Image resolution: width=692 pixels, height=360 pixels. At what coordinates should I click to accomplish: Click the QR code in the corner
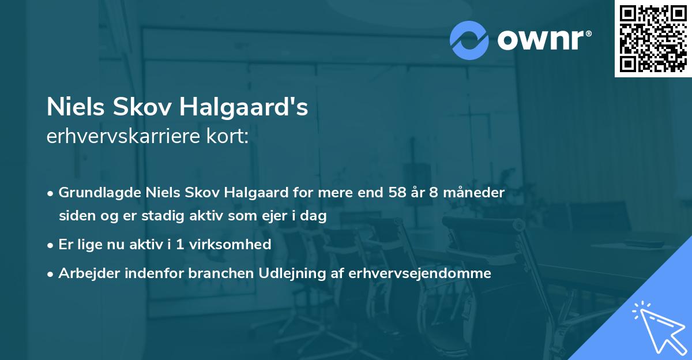tap(653, 39)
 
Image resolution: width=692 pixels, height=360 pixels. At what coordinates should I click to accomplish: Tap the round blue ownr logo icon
tap(469, 40)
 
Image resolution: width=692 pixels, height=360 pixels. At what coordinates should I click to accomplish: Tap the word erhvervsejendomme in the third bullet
tap(420, 273)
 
